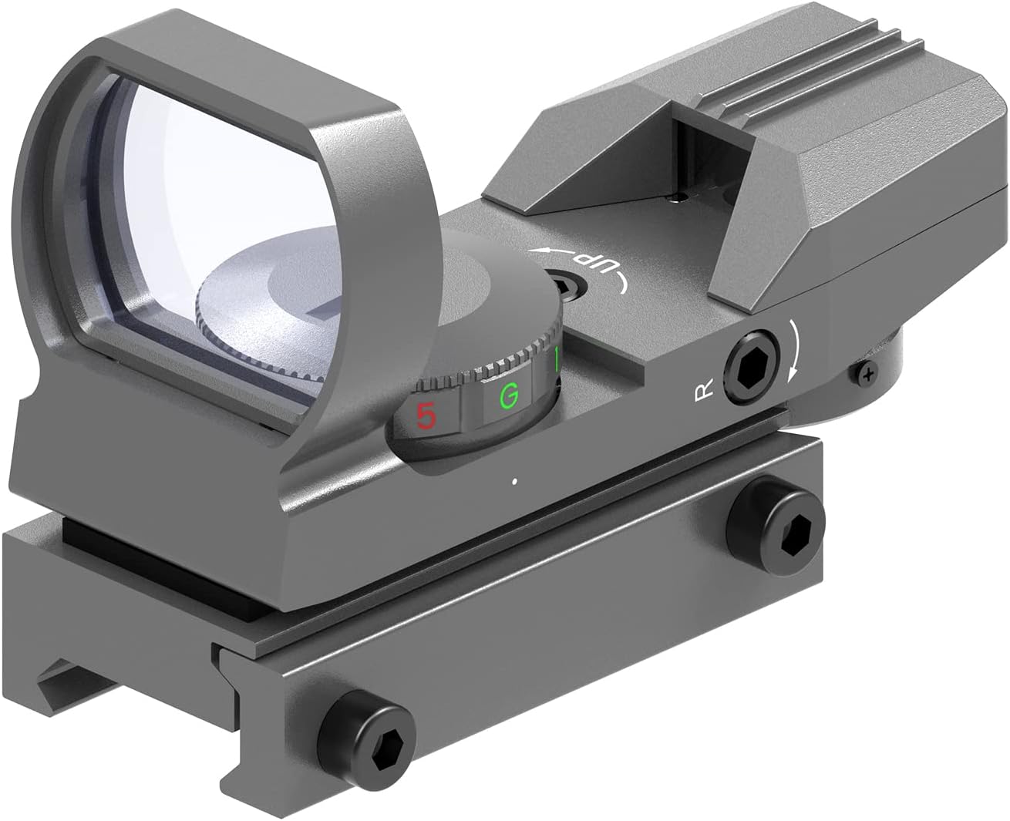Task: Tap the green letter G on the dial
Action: [507, 396]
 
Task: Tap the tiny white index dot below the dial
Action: [513, 483]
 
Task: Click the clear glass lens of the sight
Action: [200, 216]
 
